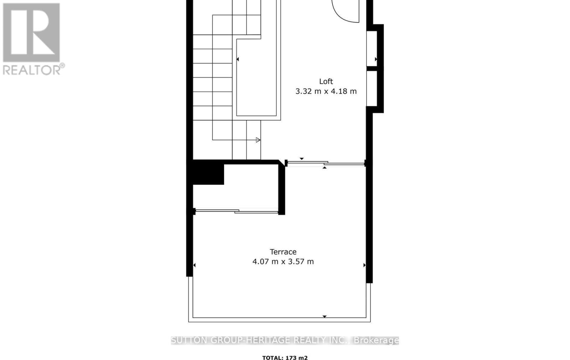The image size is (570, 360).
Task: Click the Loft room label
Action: (x=326, y=81)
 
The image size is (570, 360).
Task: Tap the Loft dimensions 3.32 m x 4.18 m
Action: (x=326, y=91)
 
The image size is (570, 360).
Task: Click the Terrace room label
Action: (x=283, y=252)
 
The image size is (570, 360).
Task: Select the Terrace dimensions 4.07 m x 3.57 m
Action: (x=283, y=262)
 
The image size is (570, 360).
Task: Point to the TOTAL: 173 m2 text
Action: (x=285, y=358)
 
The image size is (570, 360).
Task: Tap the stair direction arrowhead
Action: (x=258, y=140)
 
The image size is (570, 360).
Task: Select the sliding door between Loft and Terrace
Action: (x=326, y=163)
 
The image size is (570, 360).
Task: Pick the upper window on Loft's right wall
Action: (x=372, y=48)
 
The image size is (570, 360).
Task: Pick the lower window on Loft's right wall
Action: (x=372, y=88)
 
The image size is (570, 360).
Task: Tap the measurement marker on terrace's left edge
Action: (x=195, y=265)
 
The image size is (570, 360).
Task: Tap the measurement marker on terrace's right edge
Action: (x=364, y=265)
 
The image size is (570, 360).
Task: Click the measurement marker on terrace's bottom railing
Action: (x=325, y=316)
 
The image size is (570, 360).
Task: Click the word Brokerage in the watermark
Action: (x=376, y=340)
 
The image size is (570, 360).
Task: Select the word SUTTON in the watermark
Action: (x=188, y=340)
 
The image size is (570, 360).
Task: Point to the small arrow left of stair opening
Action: (x=238, y=59)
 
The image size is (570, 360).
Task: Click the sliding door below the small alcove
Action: (x=237, y=212)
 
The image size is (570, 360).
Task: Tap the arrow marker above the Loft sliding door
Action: (x=302, y=158)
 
